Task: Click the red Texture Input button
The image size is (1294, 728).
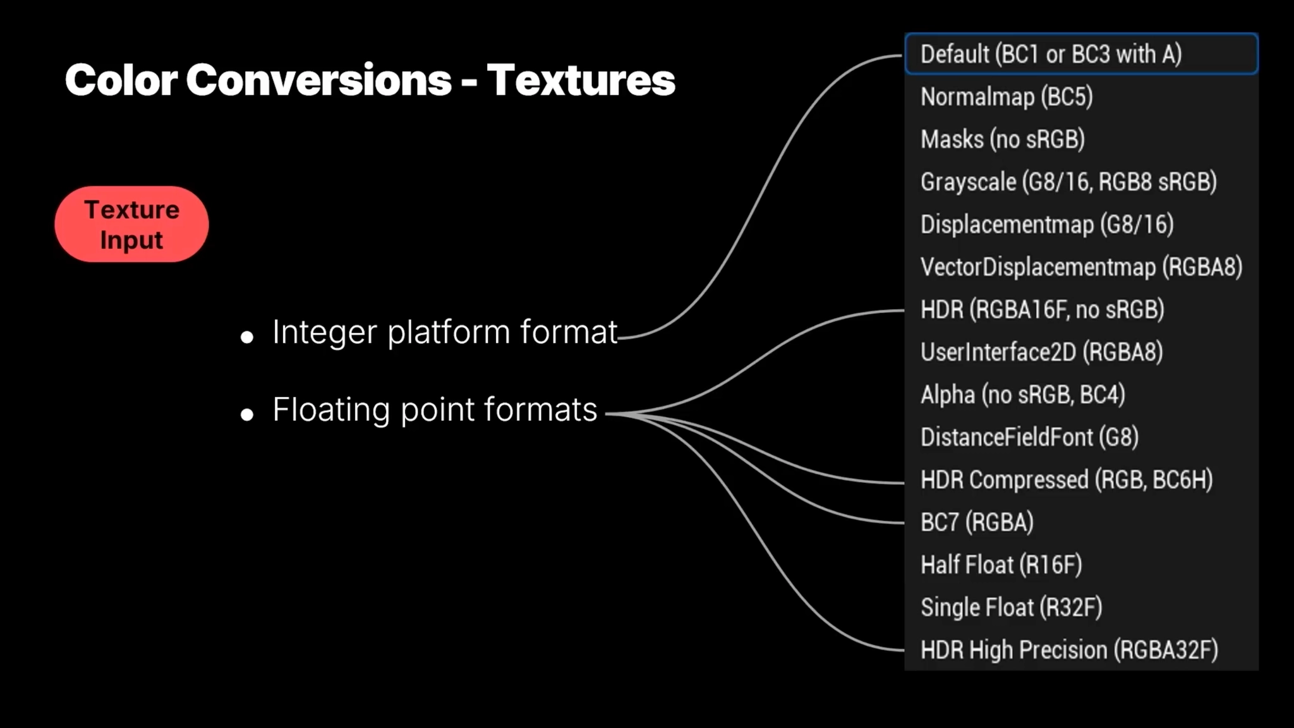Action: click(131, 224)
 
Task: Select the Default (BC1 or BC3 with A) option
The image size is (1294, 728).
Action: click(1080, 54)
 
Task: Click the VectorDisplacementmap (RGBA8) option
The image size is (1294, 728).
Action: click(1080, 267)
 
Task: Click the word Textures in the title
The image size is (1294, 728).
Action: click(581, 81)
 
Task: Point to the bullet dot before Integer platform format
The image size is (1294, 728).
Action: click(247, 337)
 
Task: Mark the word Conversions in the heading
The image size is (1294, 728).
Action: click(318, 81)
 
